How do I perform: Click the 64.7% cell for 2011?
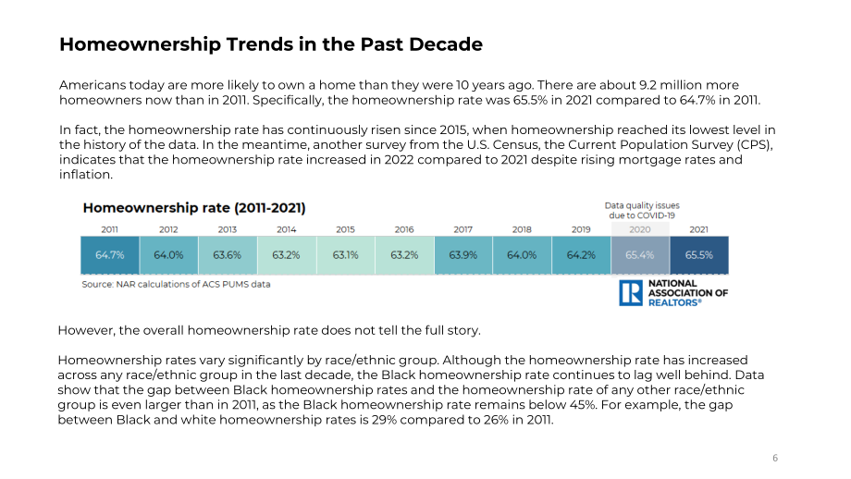110,255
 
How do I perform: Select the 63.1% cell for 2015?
346,255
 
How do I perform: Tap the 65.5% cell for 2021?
699,255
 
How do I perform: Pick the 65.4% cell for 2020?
640,255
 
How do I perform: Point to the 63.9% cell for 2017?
463,255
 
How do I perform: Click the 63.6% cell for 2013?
228,255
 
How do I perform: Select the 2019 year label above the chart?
581,229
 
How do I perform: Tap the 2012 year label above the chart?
168,229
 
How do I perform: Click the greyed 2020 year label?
640,229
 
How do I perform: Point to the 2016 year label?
404,229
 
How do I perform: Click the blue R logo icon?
631,293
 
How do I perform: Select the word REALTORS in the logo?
673,302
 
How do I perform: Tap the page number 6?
775,458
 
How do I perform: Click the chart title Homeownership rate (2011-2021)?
194,208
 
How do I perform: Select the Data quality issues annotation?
642,211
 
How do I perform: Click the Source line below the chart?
176,284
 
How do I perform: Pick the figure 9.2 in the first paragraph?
647,85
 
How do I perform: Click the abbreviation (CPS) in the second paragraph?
755,145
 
